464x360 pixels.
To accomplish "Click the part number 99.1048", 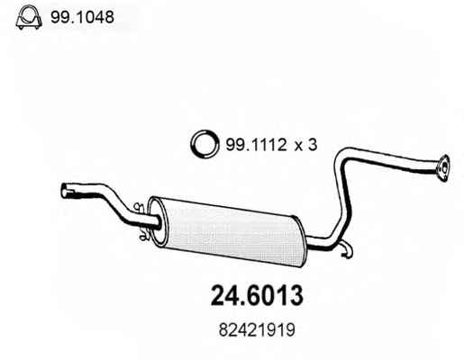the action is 82,17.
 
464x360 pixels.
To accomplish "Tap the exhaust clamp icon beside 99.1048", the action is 29,17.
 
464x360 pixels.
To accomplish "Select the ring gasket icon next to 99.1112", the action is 204,144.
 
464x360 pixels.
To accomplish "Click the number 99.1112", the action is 256,145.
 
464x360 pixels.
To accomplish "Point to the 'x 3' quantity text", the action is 305,145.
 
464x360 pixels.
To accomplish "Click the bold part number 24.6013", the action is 257,295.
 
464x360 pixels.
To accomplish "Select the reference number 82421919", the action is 257,330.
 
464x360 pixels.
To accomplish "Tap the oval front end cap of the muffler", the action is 158,222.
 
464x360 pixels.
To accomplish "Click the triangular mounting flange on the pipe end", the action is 442,168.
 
